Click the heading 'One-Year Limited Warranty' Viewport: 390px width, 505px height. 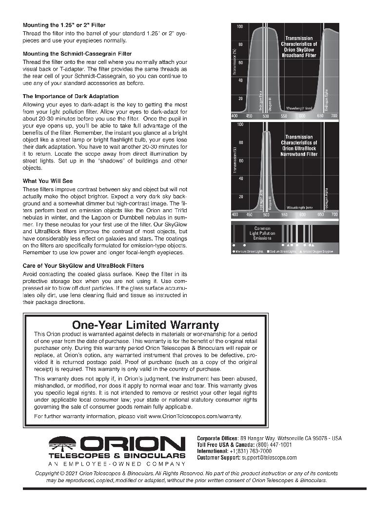[x=145, y=324]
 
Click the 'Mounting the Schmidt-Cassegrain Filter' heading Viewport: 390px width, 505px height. [x=77, y=54]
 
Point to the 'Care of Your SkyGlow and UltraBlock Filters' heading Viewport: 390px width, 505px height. [x=83, y=266]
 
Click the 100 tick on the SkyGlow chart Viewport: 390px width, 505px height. [x=240, y=26]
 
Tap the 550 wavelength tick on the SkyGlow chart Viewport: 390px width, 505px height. [x=283, y=116]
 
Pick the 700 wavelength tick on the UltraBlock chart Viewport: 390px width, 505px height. [x=334, y=215]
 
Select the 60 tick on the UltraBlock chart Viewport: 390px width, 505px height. [x=240, y=161]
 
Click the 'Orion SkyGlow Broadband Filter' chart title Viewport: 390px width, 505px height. [x=299, y=47]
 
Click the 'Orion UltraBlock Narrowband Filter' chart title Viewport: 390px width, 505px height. [x=299, y=145]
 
